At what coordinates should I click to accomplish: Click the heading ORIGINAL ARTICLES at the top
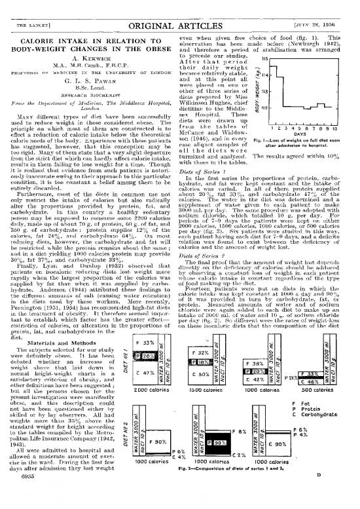[179, 9]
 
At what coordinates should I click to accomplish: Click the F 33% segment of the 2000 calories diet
[139, 343]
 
